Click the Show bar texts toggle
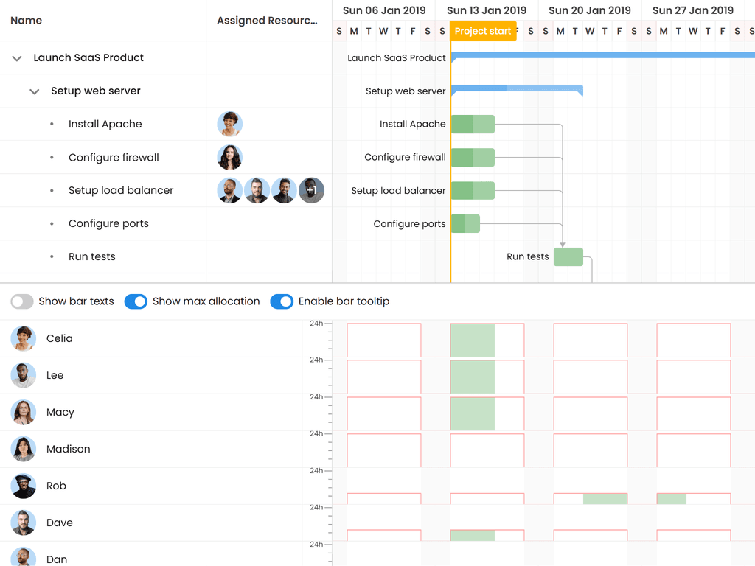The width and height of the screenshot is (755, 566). point(22,301)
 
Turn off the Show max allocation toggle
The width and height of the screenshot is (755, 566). point(136,301)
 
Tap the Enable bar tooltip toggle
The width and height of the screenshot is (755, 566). point(282,301)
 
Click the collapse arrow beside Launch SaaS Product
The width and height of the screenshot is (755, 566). point(17,58)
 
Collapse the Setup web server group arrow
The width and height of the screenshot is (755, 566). point(34,91)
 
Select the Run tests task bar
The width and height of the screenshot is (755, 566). point(568,257)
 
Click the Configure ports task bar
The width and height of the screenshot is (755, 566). point(465,224)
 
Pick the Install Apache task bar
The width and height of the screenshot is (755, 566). point(473,125)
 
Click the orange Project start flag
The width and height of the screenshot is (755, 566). point(483,31)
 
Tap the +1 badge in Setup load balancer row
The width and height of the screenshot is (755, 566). point(311,191)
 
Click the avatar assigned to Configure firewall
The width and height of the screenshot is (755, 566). point(229,158)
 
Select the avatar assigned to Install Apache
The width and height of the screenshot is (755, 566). point(229,125)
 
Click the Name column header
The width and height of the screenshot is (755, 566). point(27,21)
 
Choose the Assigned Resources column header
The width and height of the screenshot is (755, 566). point(267,21)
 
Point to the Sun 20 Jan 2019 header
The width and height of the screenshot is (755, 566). point(590,10)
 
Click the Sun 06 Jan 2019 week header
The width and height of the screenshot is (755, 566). point(384,10)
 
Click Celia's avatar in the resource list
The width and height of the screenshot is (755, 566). point(24,339)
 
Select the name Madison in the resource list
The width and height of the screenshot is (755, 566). point(68,450)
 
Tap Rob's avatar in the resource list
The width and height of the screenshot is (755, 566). point(24,486)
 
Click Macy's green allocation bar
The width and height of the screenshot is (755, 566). point(473,413)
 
